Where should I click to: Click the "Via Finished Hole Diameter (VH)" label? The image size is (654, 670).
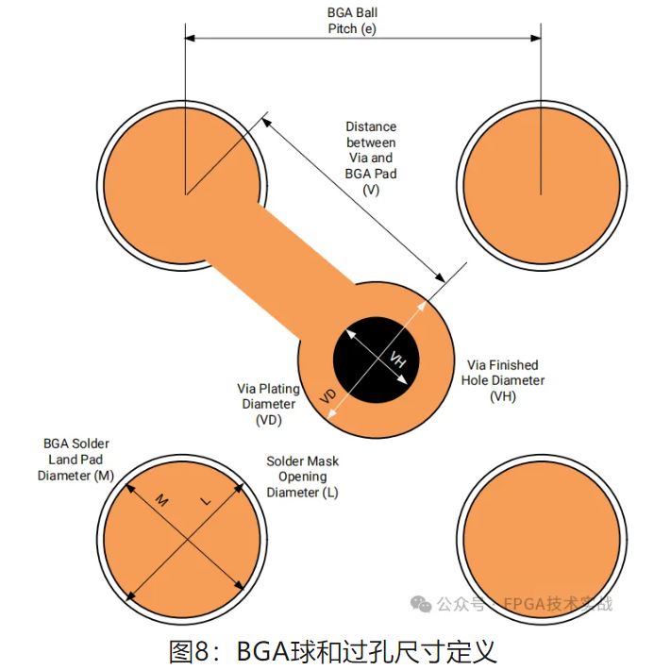(502, 380)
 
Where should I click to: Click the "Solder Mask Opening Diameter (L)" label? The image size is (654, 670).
(302, 477)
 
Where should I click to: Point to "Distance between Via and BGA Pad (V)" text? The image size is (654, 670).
(370, 158)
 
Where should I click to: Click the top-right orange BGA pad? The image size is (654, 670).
(541, 184)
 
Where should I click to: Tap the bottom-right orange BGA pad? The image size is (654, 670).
(541, 539)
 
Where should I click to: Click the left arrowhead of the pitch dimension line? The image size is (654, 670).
(190, 38)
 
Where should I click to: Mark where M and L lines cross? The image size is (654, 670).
(186, 540)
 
